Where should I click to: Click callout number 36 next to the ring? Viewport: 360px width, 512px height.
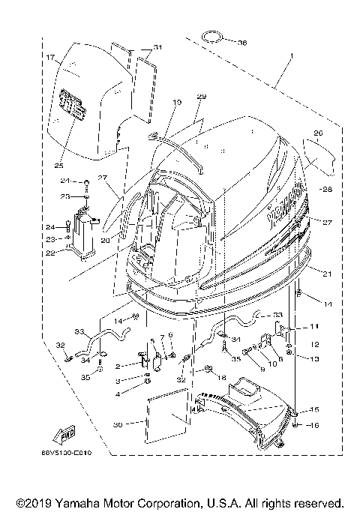tap(241, 42)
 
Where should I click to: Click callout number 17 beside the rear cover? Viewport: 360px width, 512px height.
tap(50, 57)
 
